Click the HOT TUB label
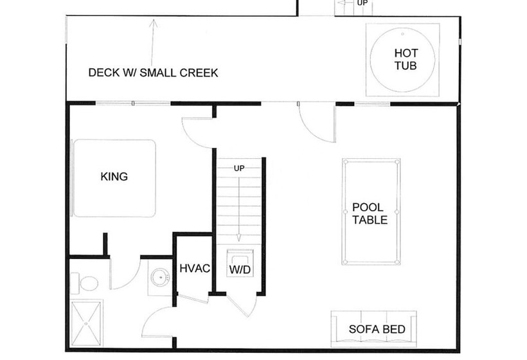(406, 59)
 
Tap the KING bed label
(114, 177)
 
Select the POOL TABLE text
(370, 213)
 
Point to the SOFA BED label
(377, 329)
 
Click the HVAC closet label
(195, 268)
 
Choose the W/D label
(240, 269)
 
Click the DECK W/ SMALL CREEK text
(153, 73)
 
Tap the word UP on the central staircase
(239, 168)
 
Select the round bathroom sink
(160, 278)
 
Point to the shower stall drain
(86, 324)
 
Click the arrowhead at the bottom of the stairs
(239, 238)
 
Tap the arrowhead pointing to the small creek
(154, 23)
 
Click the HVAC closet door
(193, 299)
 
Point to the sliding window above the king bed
(133, 104)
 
